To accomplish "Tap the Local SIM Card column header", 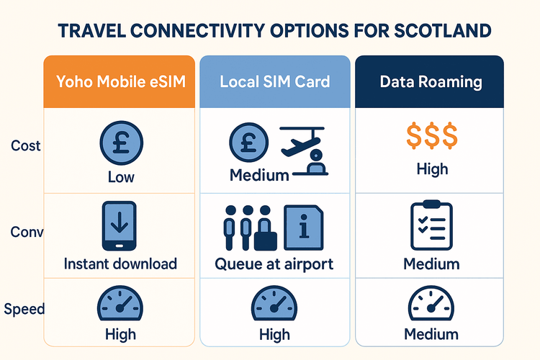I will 274,81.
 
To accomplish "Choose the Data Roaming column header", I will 431,81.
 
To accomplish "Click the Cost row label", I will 26,145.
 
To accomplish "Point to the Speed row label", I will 24,309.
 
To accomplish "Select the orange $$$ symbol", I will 431,136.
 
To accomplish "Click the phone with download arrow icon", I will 119,225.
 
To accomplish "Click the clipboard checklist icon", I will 431,225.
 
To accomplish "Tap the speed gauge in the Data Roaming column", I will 431,305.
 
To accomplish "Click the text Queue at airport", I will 274,264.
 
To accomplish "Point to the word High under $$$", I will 431,168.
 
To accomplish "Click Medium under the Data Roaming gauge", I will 431,334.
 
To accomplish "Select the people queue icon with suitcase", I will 247,226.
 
